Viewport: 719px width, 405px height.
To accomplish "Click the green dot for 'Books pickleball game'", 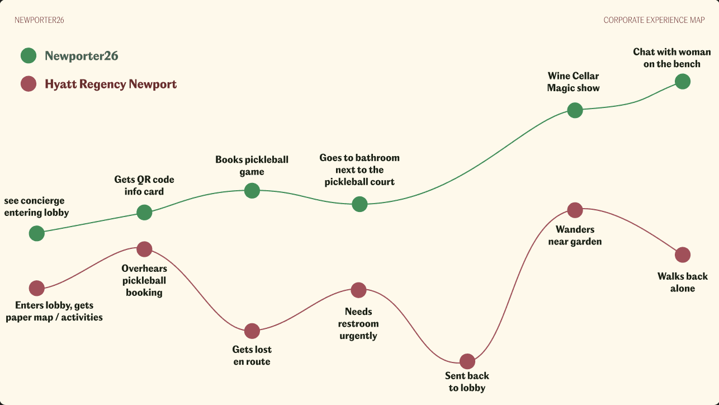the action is pos(252,191).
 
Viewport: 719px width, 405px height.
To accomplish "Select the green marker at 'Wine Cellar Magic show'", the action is pos(575,110).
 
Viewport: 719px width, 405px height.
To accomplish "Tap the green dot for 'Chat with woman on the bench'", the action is pos(683,82).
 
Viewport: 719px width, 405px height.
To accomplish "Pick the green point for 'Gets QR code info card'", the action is pos(144,212).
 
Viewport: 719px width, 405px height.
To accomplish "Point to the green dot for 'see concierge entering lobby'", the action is pos(36,233).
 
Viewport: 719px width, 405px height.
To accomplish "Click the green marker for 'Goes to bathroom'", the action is pos(359,204).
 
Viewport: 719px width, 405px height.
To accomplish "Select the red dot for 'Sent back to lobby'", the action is pos(467,361).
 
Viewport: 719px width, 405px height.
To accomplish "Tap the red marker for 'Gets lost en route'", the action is pos(252,331).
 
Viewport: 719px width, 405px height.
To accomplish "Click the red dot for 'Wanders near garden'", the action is pos(575,210).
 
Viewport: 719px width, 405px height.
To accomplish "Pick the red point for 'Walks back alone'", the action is pos(683,255).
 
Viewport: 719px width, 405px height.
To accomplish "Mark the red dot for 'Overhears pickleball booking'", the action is pos(144,249).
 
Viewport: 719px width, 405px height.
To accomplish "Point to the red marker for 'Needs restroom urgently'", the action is pos(358,290).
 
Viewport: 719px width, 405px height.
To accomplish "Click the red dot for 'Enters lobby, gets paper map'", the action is pos(36,288).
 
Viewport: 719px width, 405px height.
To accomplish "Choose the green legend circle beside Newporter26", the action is pos(29,56).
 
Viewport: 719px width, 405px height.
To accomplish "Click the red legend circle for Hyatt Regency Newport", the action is pos(29,84).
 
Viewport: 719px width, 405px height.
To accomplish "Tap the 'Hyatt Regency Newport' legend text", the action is pos(111,84).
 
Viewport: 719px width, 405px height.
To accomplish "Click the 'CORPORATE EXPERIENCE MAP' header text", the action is pos(654,20).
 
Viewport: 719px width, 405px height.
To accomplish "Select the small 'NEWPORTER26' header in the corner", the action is pos(39,20).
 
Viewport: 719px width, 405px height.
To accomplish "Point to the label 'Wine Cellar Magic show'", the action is pos(573,82).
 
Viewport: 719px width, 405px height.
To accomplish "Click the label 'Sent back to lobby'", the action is pos(467,382).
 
